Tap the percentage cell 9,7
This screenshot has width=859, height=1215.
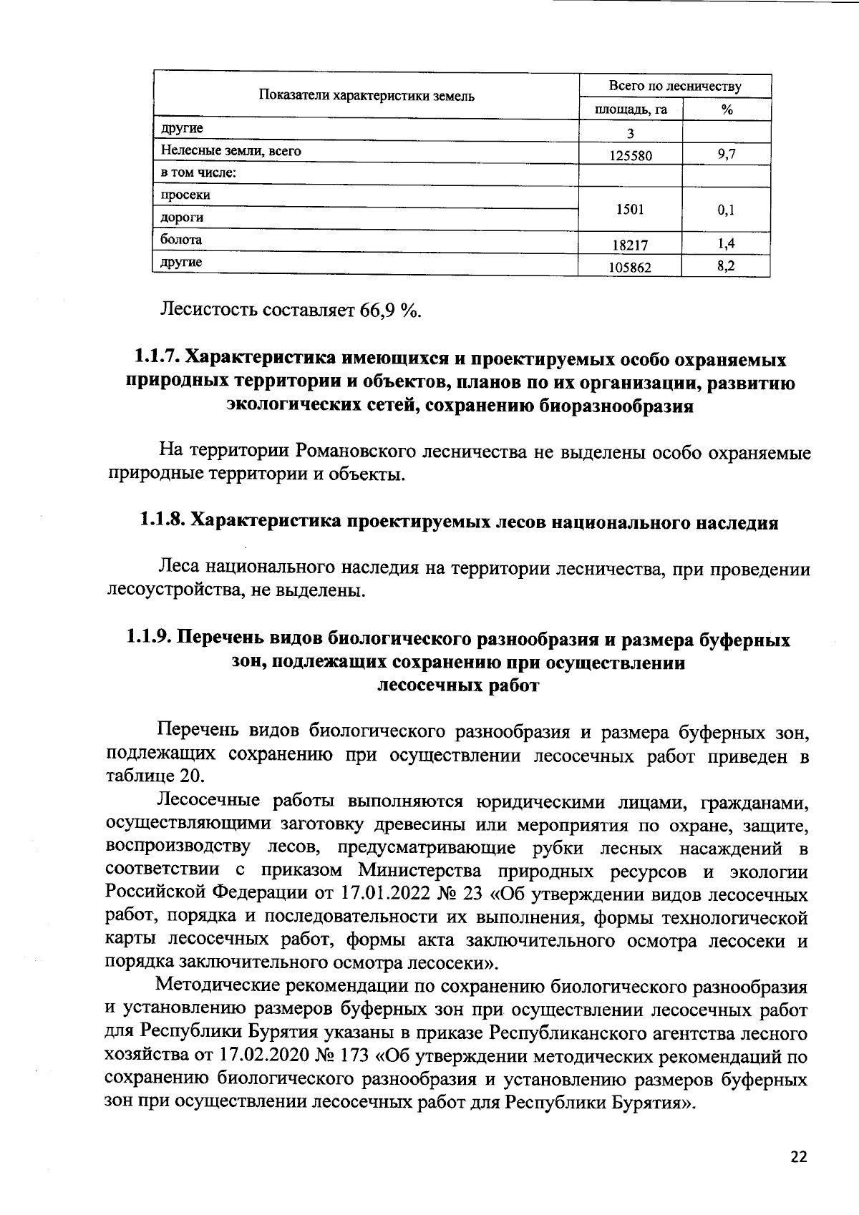click(727, 153)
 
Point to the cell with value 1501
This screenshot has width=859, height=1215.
click(631, 210)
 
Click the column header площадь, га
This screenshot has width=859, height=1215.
click(631, 109)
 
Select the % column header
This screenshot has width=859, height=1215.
click(727, 109)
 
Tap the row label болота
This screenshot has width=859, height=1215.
click(181, 240)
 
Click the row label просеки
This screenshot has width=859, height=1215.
click(185, 195)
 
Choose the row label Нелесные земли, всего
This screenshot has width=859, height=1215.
click(230, 151)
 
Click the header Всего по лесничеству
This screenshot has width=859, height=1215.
click(674, 87)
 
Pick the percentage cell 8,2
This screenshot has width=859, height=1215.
click(727, 265)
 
